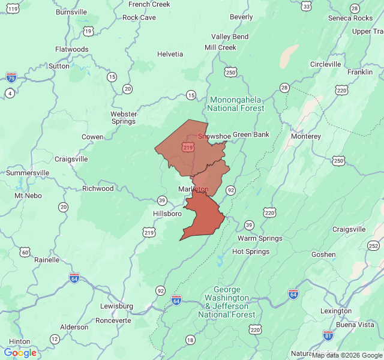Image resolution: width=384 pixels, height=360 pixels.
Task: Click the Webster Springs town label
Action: [124, 118]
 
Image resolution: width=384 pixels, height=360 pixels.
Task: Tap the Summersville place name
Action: [28, 173]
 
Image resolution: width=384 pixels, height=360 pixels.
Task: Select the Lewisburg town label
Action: [116, 306]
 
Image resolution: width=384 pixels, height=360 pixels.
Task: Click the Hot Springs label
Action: [250, 251]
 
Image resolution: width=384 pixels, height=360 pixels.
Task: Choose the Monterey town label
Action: [305, 136]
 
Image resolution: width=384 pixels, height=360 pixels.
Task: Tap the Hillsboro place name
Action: [167, 214]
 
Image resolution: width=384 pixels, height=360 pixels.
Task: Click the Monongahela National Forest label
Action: [236, 104]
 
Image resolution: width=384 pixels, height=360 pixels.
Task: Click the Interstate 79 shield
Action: [11, 77]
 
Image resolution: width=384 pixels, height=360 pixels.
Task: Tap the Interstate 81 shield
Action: [328, 335]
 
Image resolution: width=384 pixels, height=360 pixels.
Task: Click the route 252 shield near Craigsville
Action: [374, 245]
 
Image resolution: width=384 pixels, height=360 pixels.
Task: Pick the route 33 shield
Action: [307, 6]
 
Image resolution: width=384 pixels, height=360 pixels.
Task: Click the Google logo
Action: [20, 353]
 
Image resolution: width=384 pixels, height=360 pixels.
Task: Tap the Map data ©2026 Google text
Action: [346, 355]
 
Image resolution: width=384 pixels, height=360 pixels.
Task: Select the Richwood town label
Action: [98, 188]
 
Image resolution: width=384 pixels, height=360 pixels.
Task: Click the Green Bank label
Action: [251, 134]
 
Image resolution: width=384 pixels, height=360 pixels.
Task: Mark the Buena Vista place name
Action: [355, 325]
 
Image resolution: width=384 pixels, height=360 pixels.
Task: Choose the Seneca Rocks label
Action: [350, 18]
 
